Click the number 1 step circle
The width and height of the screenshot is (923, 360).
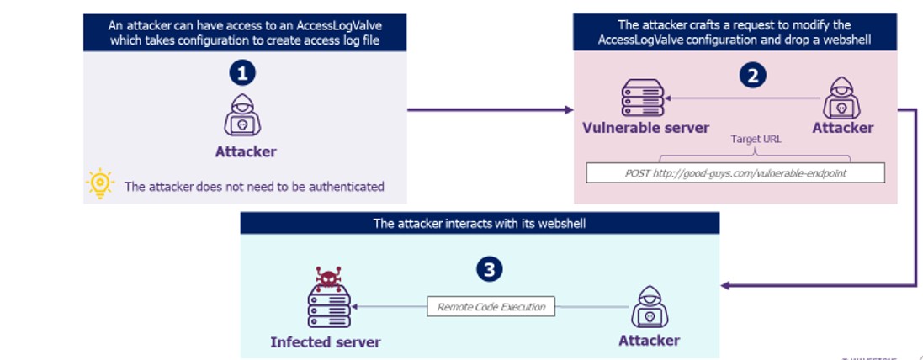(x=242, y=74)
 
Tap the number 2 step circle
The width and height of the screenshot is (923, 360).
(x=752, y=76)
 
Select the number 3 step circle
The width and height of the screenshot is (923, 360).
(x=489, y=269)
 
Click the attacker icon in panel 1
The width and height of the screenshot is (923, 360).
(x=242, y=116)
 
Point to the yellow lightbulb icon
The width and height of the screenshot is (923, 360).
(x=100, y=183)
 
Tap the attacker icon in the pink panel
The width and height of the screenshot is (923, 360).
(x=842, y=98)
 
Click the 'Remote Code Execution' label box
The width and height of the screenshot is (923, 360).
(x=491, y=307)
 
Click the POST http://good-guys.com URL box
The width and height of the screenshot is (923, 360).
(x=735, y=172)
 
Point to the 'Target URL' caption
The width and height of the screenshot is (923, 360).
(x=756, y=139)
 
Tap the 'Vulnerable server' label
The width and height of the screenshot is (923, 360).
(x=646, y=128)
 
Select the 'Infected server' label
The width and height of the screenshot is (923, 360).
(x=325, y=342)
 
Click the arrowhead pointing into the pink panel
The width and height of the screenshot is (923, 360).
(x=569, y=109)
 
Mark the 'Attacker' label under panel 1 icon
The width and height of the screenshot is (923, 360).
(x=246, y=151)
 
